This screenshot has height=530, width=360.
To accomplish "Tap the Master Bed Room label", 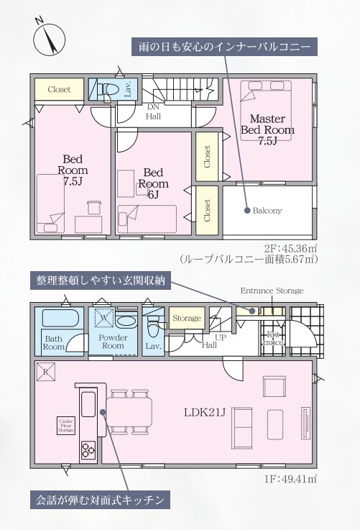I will [267, 129].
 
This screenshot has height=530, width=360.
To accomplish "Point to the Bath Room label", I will [54, 342].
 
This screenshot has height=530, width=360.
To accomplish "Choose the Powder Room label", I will [113, 342].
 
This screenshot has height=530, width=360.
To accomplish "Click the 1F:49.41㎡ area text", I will [294, 478].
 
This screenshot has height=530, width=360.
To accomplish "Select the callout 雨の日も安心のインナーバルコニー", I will [224, 47].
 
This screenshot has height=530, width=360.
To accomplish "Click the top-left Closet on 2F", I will [59, 90].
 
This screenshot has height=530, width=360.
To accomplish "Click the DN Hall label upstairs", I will [153, 110].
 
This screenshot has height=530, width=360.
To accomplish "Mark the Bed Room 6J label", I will [155, 183].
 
